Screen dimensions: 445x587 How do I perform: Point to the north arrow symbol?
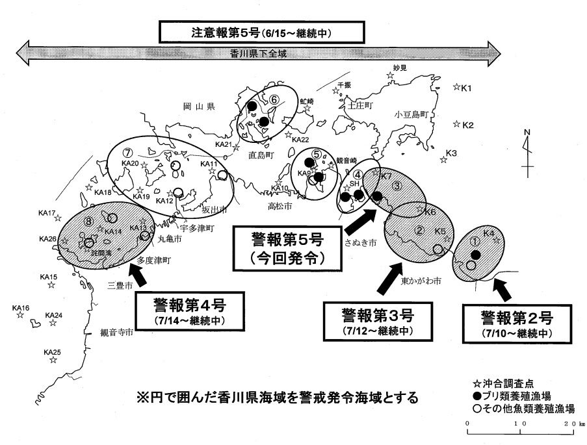click(528, 149)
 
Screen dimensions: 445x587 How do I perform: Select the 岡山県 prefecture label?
click(199, 107)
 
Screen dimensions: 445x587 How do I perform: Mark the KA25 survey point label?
click(52, 352)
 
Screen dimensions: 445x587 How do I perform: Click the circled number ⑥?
click(274, 99)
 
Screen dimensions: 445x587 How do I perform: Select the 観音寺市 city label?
click(117, 332)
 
